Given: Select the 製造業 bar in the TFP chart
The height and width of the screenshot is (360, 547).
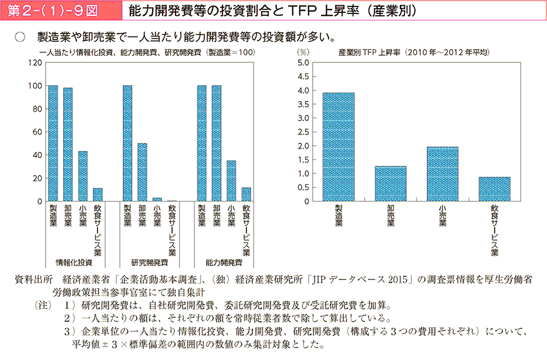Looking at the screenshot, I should (338, 147).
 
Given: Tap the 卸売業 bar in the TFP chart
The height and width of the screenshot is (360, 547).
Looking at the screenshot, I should (390, 183).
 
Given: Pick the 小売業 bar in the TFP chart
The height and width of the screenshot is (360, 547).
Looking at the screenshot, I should (443, 174).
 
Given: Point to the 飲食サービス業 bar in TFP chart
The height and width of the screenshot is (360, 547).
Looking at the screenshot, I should (494, 189).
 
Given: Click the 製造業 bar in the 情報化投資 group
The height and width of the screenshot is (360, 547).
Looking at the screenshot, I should (53, 143).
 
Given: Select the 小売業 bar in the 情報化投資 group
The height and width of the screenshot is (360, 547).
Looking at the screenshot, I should (83, 176).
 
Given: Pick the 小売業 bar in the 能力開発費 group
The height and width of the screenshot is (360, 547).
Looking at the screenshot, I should (231, 181).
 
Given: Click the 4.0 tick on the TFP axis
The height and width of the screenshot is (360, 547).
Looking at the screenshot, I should (303, 90).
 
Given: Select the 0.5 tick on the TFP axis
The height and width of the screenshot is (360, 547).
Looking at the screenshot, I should (303, 187).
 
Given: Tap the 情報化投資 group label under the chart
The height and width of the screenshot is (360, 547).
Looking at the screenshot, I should (75, 263).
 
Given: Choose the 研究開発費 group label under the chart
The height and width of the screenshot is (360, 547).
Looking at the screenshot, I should (149, 263).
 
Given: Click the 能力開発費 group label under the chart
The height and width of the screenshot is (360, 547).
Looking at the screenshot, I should (224, 263).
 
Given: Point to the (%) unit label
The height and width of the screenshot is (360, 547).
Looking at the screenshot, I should (303, 53).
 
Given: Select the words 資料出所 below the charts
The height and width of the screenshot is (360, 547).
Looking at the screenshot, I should (33, 280).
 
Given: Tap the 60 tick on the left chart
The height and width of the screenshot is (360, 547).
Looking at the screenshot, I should (37, 132).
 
